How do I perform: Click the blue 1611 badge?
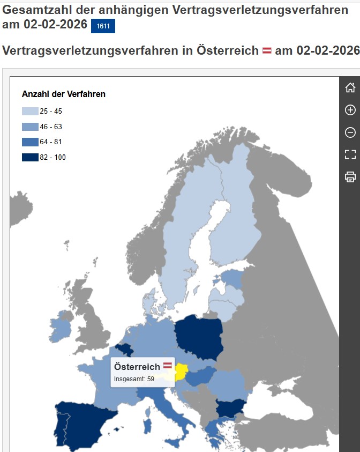click(x=103, y=26)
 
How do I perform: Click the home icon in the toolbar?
click(x=350, y=88)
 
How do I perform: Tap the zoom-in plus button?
click(x=350, y=110)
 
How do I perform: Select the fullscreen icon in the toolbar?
click(x=350, y=154)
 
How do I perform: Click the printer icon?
click(x=350, y=176)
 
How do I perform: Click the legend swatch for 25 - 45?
click(x=30, y=112)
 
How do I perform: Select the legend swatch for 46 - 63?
click(x=30, y=127)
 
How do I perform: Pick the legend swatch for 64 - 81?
click(x=30, y=142)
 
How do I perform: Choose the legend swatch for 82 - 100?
click(x=30, y=157)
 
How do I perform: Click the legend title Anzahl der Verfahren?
click(x=64, y=94)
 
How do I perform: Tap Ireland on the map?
click(x=60, y=329)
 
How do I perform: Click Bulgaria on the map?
click(x=231, y=408)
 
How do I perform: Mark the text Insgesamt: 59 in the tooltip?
click(x=134, y=380)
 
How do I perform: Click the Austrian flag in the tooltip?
click(x=168, y=366)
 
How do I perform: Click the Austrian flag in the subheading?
click(x=267, y=51)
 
